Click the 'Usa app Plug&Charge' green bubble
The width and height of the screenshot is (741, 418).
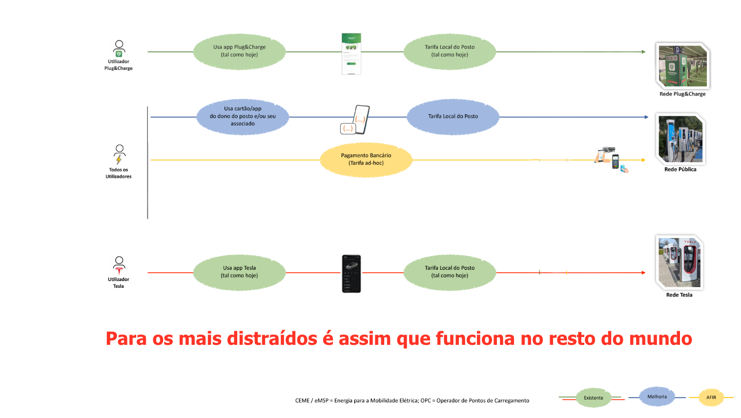tap(239, 51)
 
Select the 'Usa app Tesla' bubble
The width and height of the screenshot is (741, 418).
tap(239, 272)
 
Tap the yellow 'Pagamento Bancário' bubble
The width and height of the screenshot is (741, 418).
tap(366, 159)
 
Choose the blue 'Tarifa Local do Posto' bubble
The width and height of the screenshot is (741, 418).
tap(453, 117)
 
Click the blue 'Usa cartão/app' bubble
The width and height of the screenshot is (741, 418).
tap(243, 117)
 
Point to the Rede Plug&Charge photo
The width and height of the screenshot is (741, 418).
tap(682, 66)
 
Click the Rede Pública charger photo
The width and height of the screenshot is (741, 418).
tap(680, 139)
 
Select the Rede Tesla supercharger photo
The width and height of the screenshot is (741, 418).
tap(679, 262)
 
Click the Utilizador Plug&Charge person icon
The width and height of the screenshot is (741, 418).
tap(119, 49)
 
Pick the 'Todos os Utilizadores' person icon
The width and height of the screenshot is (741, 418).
tap(119, 154)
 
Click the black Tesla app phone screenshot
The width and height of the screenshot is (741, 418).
tap(351, 274)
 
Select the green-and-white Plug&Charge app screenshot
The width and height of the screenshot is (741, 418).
tap(351, 54)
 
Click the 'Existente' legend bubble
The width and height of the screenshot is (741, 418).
tap(594, 398)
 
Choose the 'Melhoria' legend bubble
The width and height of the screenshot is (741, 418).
tap(657, 397)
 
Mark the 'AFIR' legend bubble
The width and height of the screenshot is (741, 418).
tap(711, 398)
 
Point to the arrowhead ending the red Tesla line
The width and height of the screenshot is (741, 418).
tap(643, 273)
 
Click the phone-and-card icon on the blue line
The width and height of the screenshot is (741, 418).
tap(355, 120)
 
